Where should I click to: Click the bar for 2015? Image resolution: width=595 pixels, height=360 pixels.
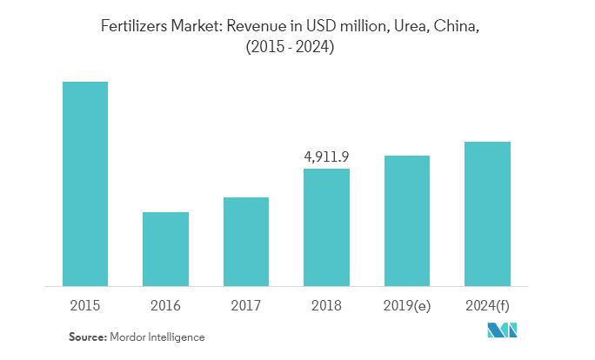point(85,183)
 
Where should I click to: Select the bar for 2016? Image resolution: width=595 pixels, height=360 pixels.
point(165,249)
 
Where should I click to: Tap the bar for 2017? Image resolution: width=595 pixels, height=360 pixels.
point(246,241)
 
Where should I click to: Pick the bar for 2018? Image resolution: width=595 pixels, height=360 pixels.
point(326,227)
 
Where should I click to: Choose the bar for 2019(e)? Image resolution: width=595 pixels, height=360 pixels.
point(406,220)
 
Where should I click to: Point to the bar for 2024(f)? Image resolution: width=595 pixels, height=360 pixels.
point(487,213)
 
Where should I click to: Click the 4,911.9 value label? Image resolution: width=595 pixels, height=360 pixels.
point(326,157)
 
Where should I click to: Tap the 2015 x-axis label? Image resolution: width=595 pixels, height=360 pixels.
point(85,305)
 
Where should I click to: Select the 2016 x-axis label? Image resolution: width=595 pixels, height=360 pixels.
point(165,305)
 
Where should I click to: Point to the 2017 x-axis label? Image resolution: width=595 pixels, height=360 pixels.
point(246,305)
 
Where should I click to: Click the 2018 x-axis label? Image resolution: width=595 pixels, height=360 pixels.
point(326,305)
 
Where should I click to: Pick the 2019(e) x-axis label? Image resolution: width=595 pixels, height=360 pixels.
point(406,305)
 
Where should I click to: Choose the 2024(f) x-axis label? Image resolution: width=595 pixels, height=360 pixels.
point(487,305)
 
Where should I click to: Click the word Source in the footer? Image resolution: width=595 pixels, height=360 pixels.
point(87,336)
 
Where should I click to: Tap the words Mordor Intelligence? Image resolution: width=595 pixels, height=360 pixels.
point(157,336)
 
